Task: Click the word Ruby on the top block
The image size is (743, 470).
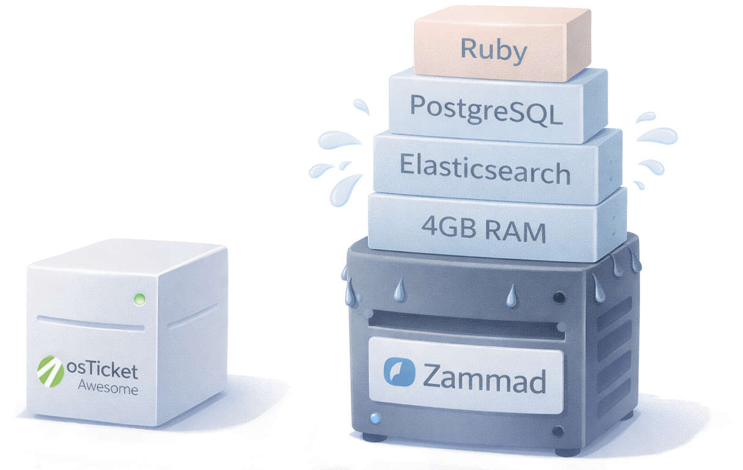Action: [x=494, y=49]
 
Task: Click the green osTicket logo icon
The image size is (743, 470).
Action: [x=51, y=372]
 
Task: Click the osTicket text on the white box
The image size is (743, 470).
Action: [x=102, y=371]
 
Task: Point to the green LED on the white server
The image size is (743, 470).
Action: [x=139, y=299]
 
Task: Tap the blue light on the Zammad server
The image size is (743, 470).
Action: [x=375, y=419]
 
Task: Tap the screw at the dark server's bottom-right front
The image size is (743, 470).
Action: [x=557, y=432]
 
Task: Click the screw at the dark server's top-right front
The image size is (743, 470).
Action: [x=558, y=297]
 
